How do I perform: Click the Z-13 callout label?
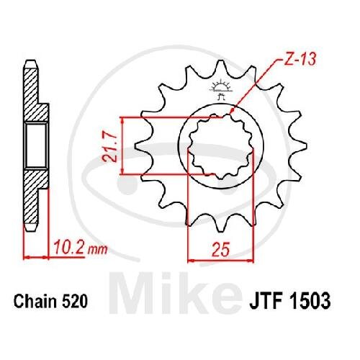(300, 59)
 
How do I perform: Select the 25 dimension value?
(221, 249)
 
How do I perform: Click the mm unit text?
(97, 250)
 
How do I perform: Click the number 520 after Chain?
(74, 302)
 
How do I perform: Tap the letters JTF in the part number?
(266, 302)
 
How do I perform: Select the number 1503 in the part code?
(309, 302)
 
